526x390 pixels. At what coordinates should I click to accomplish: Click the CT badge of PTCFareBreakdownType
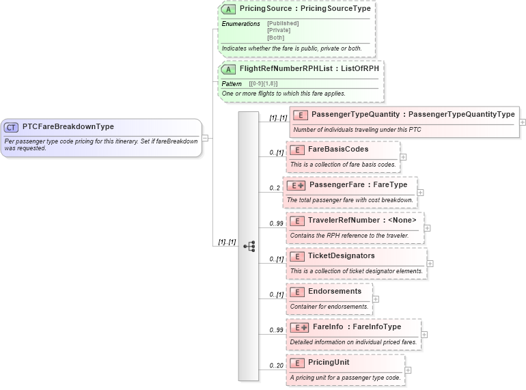[12, 127]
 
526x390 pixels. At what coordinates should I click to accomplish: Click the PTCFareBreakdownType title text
[68, 126]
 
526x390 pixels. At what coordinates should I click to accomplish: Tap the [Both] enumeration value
[275, 38]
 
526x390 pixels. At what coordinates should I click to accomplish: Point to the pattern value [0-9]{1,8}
[263, 83]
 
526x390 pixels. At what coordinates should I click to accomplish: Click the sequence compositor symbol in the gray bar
[249, 246]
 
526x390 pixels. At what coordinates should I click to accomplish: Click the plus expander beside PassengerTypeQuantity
[523, 122]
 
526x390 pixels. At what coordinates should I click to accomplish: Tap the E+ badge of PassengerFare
[296, 185]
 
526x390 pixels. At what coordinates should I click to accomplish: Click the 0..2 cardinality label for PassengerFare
[275, 188]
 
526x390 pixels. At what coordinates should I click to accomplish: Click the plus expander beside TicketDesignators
[430, 264]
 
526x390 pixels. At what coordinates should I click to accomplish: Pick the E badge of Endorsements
[297, 292]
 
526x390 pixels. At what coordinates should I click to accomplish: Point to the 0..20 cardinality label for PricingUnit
[276, 365]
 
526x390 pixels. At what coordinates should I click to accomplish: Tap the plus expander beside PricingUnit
[408, 370]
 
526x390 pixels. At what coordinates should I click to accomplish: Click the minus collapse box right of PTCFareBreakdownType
[205, 138]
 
